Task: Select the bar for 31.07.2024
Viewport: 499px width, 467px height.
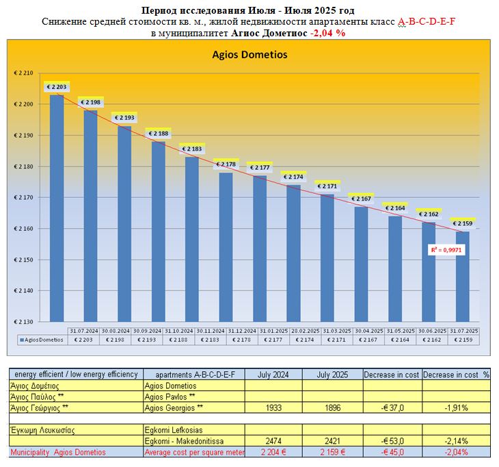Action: click(57, 205)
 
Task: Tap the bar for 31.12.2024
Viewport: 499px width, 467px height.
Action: click(226, 247)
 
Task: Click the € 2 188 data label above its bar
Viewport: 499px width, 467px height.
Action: click(158, 134)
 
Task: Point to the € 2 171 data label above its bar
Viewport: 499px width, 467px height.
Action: click(327, 186)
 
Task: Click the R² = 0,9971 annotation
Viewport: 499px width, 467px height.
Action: click(445, 251)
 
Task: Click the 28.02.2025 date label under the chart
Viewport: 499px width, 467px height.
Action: click(293, 331)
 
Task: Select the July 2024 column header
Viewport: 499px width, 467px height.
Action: click(273, 375)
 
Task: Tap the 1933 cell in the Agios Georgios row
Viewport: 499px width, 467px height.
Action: click(273, 407)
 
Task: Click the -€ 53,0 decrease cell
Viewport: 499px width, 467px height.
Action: click(392, 441)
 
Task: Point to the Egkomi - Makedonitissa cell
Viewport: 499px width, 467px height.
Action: click(185, 441)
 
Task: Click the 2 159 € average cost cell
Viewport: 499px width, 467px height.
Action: click(333, 452)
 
